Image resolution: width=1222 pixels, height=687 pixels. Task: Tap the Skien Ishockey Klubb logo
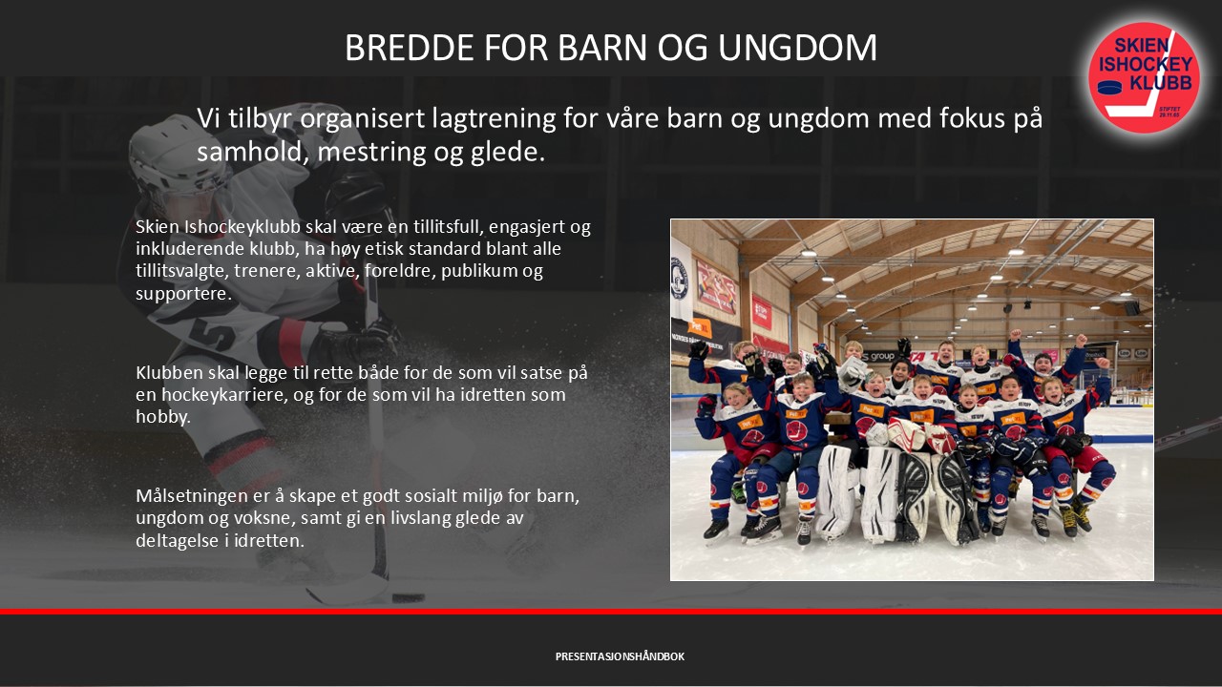pos(1145,77)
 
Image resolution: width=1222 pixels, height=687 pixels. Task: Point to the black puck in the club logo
pos(1109,87)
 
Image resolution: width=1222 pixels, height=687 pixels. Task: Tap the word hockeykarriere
pos(224,395)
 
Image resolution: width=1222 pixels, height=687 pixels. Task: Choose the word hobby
pos(163,417)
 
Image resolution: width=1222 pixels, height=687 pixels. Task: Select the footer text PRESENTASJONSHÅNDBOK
pos(620,656)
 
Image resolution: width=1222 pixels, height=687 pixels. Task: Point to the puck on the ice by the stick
pos(408,598)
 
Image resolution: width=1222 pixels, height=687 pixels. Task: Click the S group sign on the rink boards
pos(879,357)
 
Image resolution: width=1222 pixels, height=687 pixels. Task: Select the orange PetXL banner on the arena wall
pos(700,328)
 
